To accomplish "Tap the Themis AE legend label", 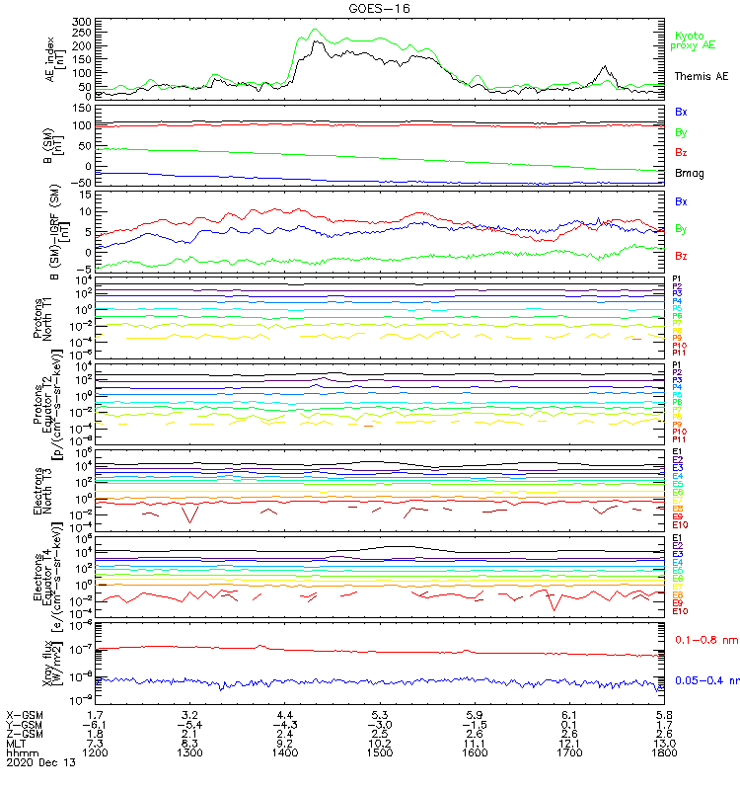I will pos(701,76).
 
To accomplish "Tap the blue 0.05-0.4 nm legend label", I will pos(702,680).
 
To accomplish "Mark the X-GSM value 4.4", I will pos(285,713).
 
